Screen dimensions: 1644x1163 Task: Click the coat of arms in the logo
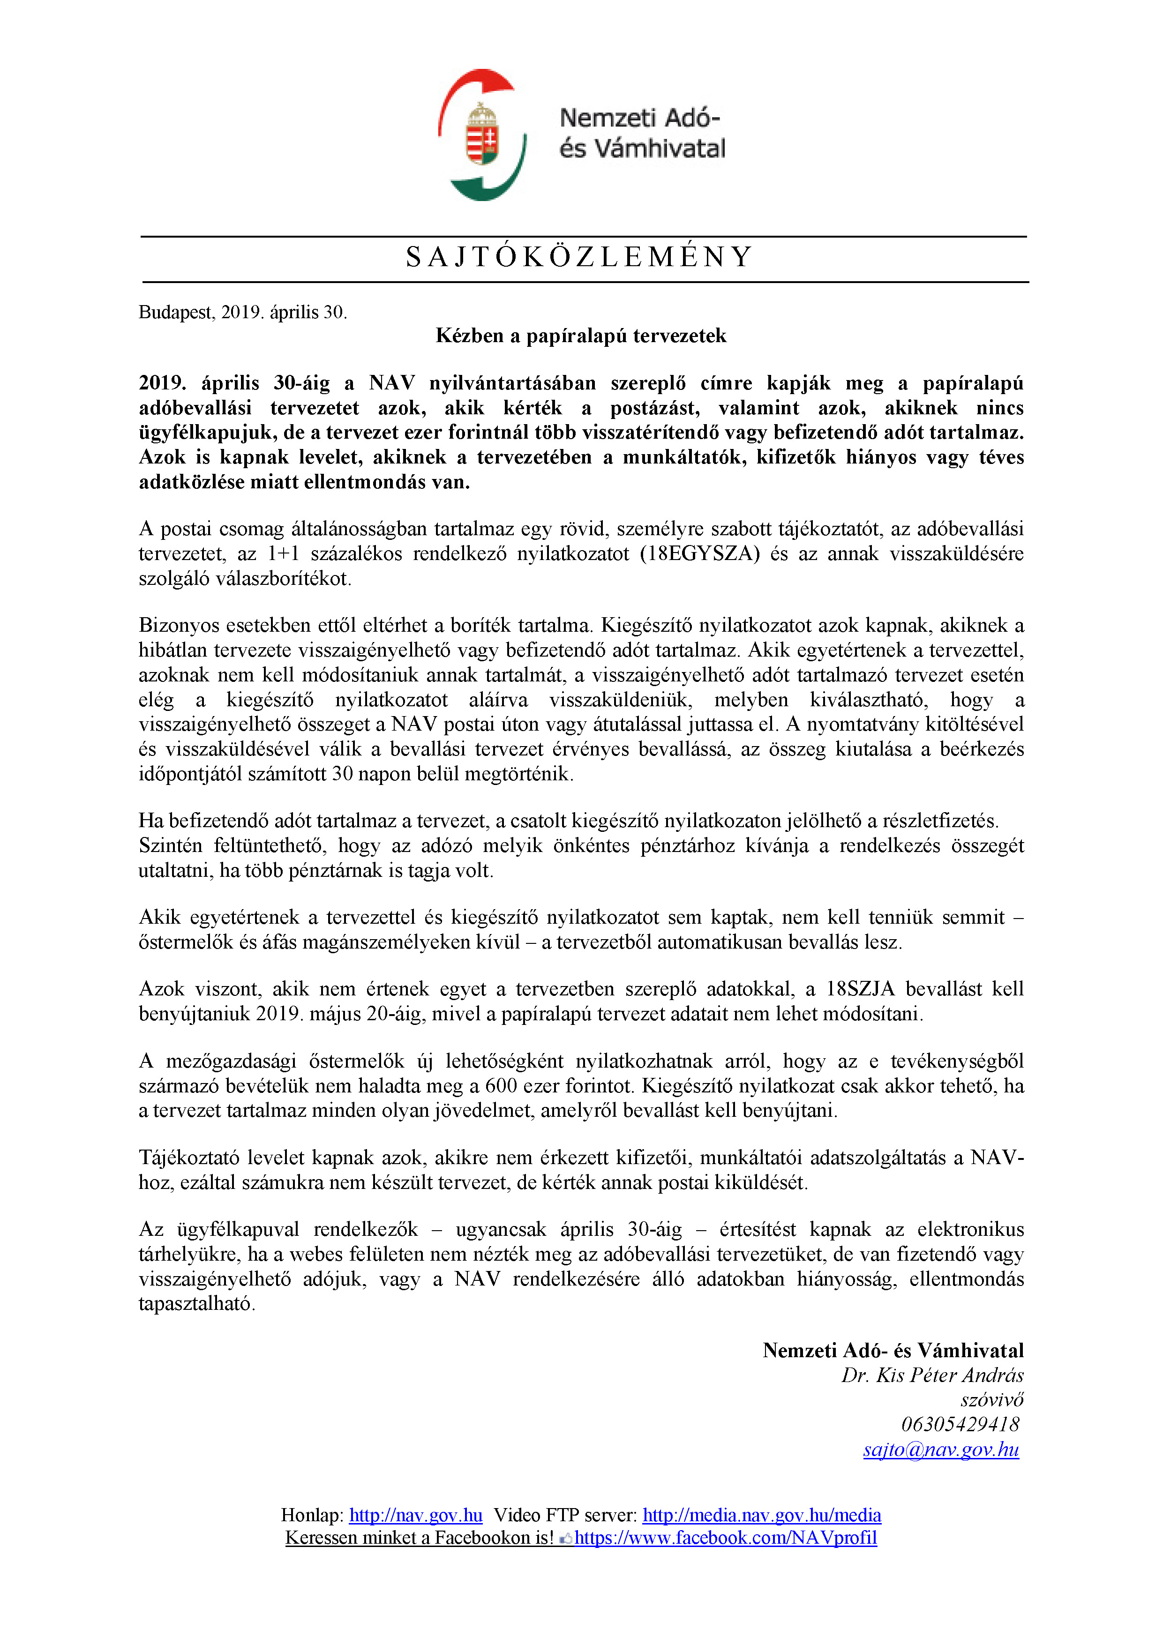(482, 135)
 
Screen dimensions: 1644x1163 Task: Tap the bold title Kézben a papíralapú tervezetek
(581, 336)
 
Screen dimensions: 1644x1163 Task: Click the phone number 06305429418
(960, 1424)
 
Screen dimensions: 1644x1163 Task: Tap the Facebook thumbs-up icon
(566, 1538)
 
